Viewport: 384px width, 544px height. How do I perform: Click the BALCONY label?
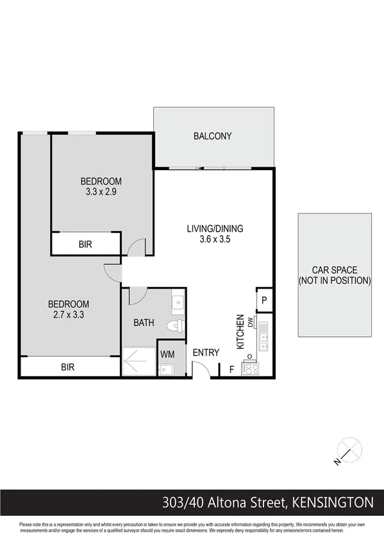(212, 136)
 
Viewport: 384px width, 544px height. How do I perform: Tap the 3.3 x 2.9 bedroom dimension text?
(101, 191)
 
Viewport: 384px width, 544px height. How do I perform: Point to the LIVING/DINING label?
(215, 228)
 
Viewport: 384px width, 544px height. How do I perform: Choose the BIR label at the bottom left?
(69, 368)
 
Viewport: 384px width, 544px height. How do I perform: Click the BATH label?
(144, 323)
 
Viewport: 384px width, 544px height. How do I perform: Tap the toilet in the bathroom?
(174, 326)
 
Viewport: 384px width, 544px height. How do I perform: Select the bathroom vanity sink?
(178, 301)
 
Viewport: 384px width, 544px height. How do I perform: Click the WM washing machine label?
(167, 354)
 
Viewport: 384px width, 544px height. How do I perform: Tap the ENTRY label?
(206, 352)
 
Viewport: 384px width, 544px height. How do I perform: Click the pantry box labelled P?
(264, 300)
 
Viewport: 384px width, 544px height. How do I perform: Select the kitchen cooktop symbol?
(248, 368)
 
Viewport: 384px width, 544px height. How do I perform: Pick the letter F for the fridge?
(231, 369)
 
